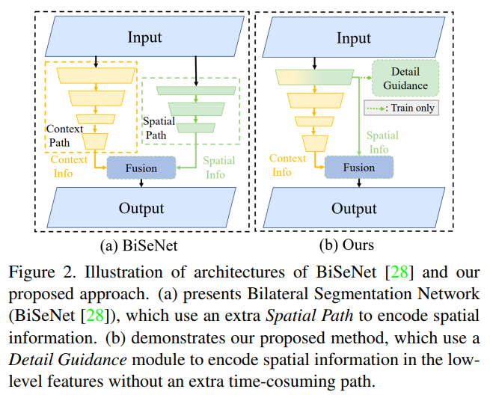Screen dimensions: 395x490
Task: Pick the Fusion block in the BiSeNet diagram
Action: [x=141, y=168]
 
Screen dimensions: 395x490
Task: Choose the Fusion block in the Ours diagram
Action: [x=358, y=168]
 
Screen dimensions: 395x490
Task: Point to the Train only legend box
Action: [x=401, y=108]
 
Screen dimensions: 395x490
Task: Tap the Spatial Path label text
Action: [x=159, y=128]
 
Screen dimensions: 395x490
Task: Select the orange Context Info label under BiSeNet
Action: [x=69, y=166]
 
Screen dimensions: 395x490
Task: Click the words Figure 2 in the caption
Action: [x=36, y=271]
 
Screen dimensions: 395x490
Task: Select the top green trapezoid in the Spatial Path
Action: [x=196, y=90]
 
